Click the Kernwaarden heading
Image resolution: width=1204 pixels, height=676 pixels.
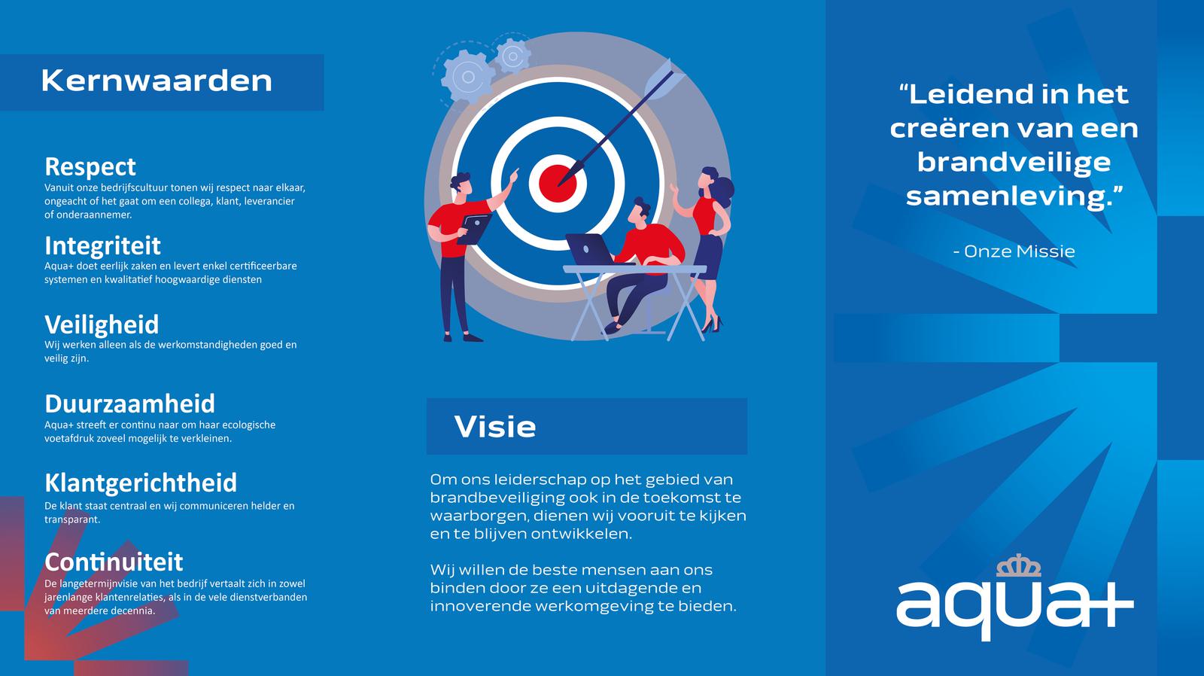[157, 81]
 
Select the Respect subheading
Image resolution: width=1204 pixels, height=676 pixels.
[90, 166]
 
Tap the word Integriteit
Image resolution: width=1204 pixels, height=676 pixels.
[102, 245]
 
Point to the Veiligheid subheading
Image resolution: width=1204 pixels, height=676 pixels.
[102, 324]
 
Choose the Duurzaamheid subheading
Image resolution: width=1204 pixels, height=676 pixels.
[130, 403]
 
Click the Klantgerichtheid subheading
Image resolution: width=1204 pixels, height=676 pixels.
[141, 483]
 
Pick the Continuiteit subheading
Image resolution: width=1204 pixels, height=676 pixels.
[114, 562]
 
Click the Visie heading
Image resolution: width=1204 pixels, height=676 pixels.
[495, 427]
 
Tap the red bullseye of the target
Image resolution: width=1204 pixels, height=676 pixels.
[558, 183]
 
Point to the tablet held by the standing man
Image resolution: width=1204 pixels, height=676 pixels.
[475, 229]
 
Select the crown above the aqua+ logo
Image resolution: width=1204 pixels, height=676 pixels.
[1019, 565]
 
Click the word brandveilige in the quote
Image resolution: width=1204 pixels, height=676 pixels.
[1014, 163]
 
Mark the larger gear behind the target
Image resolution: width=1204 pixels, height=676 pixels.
[468, 77]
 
